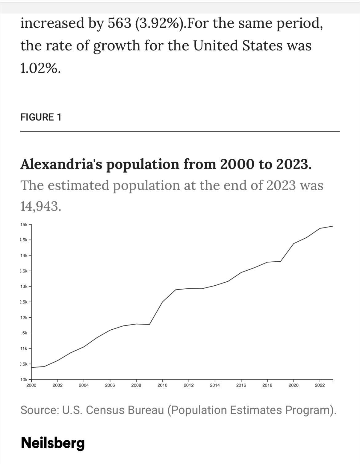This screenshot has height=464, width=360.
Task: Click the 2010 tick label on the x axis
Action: (x=162, y=385)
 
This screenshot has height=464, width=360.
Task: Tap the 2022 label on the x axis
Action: (x=320, y=385)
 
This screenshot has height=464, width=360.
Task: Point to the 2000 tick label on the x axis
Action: (x=31, y=385)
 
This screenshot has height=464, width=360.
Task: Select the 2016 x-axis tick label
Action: (x=241, y=385)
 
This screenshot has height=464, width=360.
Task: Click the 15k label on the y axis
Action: (x=24, y=224)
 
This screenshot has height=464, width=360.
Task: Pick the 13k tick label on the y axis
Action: (x=24, y=286)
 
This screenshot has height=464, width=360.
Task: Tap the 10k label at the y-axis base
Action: (x=24, y=380)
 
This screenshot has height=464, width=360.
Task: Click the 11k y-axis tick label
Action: (x=24, y=348)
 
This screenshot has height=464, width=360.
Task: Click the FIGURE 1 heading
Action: (x=41, y=117)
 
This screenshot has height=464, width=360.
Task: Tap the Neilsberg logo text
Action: (x=53, y=443)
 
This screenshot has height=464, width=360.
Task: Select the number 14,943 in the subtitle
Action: (x=41, y=206)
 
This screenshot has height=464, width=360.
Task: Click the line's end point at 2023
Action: (x=333, y=226)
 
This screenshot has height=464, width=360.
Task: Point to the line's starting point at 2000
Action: (x=32, y=367)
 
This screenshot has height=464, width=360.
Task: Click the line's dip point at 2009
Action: (x=150, y=324)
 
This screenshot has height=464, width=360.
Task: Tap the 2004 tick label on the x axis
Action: (x=84, y=385)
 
